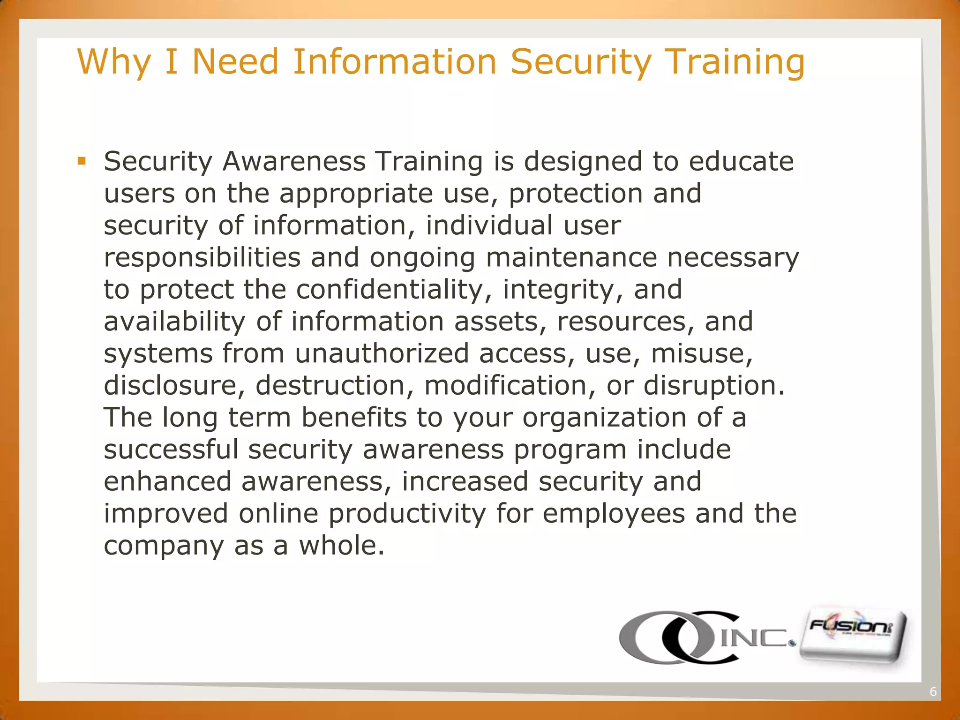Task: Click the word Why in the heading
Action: tap(114, 62)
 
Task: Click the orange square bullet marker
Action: tap(82, 162)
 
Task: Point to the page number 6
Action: tap(933, 692)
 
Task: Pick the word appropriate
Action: tap(356, 194)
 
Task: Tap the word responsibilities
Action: tap(202, 258)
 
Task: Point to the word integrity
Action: tap(563, 290)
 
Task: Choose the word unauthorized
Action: tap(382, 353)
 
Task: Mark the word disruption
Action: tap(713, 386)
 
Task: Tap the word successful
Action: tap(171, 450)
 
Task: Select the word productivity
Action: tap(407, 514)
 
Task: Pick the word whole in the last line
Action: tap(342, 546)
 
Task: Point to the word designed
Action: tap(583, 162)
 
